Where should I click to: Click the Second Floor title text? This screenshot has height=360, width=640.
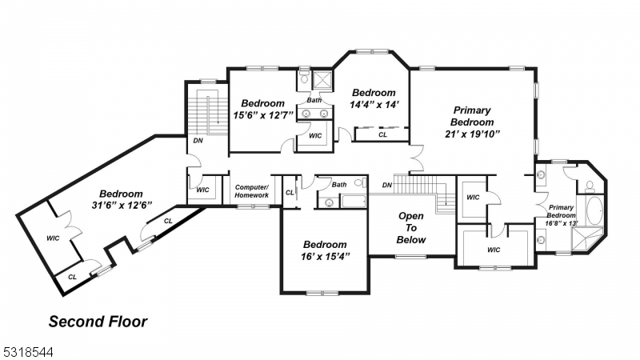point(98,322)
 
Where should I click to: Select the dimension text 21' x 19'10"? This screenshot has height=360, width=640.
point(472,134)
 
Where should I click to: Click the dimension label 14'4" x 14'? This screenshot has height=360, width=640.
point(374,104)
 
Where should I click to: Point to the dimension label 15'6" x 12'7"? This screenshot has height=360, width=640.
point(263,115)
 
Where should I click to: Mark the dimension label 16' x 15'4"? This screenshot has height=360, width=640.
point(324,256)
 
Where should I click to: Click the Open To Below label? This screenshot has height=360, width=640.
point(411,228)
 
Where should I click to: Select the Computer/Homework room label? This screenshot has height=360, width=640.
point(251,190)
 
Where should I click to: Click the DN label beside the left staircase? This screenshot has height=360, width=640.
point(197,142)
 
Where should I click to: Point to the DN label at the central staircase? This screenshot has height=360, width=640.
point(386,185)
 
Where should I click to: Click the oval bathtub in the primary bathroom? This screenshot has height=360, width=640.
point(593,214)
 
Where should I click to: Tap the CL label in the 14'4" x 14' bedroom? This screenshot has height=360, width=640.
point(382,135)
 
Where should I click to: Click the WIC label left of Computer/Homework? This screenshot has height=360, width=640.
point(202,190)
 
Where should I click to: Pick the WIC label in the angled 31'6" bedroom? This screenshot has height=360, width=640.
point(53,238)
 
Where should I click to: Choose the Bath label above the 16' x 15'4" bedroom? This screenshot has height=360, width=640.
point(339,184)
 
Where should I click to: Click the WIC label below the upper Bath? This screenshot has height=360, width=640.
point(315,136)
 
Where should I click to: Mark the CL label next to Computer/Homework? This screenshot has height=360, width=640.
point(290,192)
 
